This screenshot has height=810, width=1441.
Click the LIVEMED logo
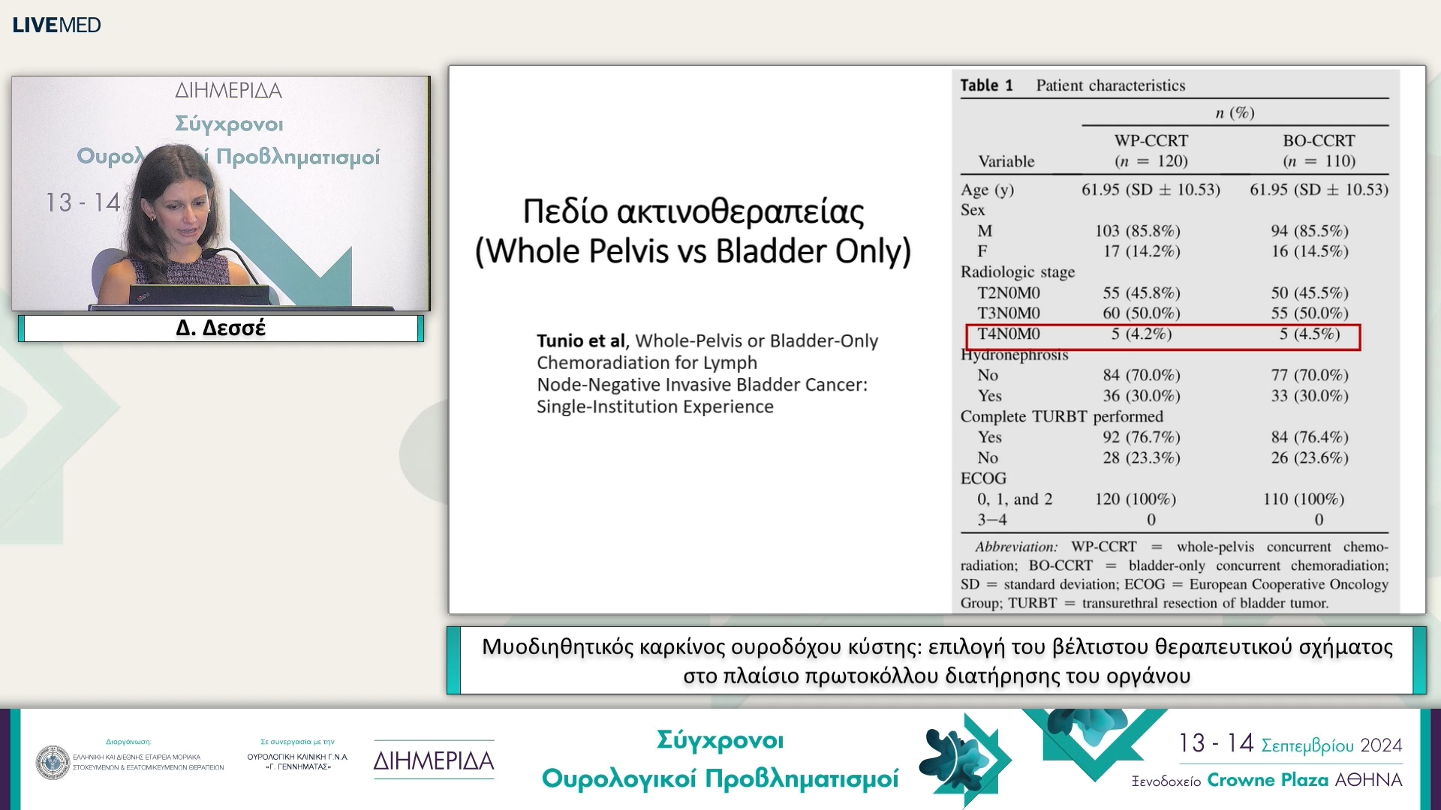click(x=57, y=25)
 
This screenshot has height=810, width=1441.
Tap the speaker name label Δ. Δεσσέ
click(x=221, y=328)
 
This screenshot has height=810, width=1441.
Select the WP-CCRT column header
click(x=1151, y=141)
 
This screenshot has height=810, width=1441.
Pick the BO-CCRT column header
click(x=1319, y=141)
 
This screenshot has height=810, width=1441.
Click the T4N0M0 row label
click(x=1009, y=334)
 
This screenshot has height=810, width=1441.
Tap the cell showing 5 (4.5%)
click(x=1310, y=334)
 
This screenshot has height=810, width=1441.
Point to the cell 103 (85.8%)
click(x=1137, y=231)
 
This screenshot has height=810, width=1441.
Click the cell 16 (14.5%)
click(x=1310, y=251)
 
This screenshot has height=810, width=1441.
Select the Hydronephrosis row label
click(x=1014, y=355)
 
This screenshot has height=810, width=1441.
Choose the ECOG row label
click(x=983, y=478)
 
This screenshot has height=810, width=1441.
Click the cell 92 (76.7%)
click(x=1141, y=437)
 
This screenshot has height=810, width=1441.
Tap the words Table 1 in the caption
click(x=986, y=85)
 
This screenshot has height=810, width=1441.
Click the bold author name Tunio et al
click(x=581, y=341)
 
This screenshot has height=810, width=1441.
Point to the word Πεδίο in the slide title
click(x=565, y=211)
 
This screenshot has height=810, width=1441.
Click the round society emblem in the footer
click(x=53, y=762)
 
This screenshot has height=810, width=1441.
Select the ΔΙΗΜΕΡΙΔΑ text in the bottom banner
click(x=434, y=761)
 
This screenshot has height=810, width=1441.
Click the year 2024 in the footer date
click(x=1381, y=745)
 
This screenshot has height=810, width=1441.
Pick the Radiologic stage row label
click(x=1018, y=272)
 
